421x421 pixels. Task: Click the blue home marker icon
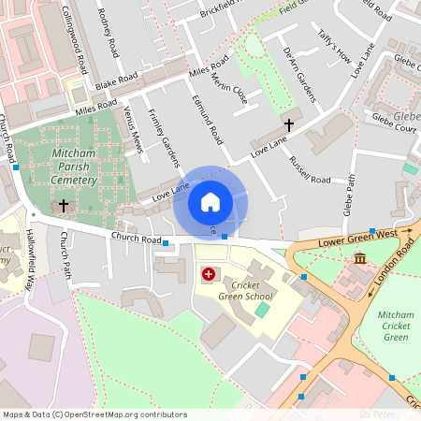click(x=210, y=202)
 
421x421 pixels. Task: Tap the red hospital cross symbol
click(x=209, y=275)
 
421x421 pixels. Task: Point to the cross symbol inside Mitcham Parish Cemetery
click(x=64, y=204)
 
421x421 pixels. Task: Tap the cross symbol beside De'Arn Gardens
click(x=289, y=123)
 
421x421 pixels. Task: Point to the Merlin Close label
click(x=232, y=91)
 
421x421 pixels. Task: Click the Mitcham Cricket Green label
click(x=397, y=324)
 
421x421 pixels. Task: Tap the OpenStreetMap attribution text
click(x=94, y=414)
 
